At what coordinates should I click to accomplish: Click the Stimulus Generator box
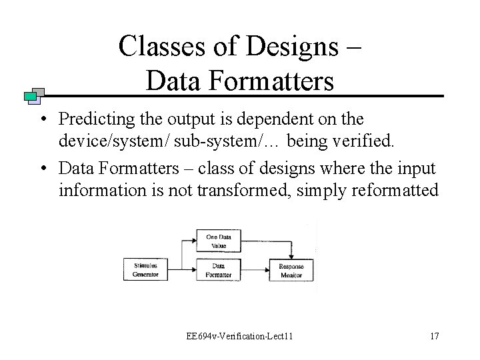click(x=145, y=270)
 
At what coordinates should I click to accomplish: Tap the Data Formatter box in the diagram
click(x=218, y=270)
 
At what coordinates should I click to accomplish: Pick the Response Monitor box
click(x=291, y=270)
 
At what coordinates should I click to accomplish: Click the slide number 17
click(x=434, y=335)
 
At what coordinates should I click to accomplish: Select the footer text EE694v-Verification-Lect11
click(x=239, y=335)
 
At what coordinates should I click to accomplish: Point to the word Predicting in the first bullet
click(x=92, y=119)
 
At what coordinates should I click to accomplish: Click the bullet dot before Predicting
click(x=42, y=120)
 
